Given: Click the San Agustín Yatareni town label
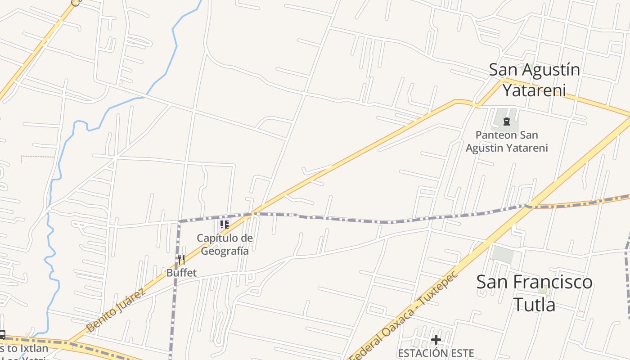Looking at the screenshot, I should [x=534, y=80].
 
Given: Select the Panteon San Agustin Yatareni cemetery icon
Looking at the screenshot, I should [x=507, y=121].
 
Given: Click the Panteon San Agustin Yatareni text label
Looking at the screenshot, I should [x=507, y=141].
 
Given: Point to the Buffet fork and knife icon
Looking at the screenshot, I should [x=181, y=260].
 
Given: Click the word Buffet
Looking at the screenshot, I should [x=181, y=273].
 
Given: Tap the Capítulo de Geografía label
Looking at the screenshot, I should [x=225, y=244].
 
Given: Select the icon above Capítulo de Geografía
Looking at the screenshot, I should [x=225, y=224].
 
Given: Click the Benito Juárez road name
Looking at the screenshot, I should [x=116, y=310].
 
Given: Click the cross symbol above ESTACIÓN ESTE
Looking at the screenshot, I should [x=436, y=340].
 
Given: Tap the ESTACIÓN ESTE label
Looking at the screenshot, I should [x=436, y=353].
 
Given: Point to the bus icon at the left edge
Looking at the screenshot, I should [x=2, y=335].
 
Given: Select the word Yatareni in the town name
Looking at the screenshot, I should [x=534, y=90].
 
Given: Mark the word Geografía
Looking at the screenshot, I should [x=225, y=251].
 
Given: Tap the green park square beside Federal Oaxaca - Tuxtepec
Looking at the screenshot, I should [x=503, y=255].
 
